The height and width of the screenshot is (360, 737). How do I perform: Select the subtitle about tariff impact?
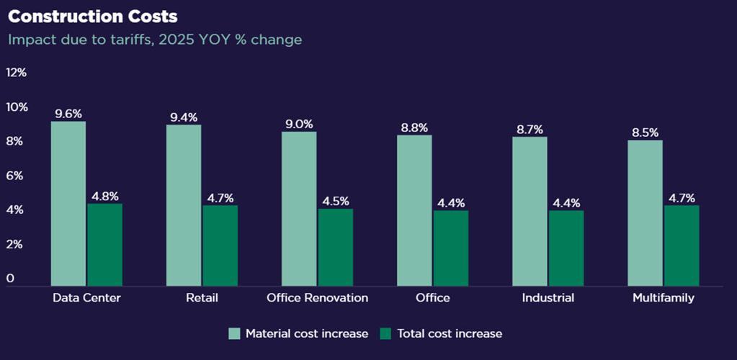coord(154,40)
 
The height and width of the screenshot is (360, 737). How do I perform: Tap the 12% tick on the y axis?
coord(17,73)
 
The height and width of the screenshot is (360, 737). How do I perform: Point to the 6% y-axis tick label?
coord(17,176)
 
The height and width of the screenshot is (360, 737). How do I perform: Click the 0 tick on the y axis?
coord(10,279)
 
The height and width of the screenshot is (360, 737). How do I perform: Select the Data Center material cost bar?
coord(68,204)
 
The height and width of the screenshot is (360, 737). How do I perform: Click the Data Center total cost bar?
coord(104,245)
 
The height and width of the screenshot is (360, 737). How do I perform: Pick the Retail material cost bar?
coord(184,205)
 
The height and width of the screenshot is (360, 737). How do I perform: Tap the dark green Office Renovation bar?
coord(335,247)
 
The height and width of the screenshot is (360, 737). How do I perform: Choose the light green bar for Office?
coord(414,210)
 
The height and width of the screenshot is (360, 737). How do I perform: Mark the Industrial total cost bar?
coord(566,248)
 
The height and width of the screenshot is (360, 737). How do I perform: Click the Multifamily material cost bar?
coord(645,213)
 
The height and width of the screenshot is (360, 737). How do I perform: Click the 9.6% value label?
coord(68,114)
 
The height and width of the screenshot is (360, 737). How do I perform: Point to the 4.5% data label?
coord(335,201)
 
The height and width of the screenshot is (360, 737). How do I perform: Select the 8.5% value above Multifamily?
coord(645,132)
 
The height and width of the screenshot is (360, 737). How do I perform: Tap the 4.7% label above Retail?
coord(220,198)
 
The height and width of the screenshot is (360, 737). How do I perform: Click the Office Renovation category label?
coord(317,298)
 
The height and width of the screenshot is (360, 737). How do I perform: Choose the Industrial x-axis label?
coord(548,298)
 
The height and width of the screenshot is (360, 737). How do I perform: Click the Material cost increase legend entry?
coord(298,333)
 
